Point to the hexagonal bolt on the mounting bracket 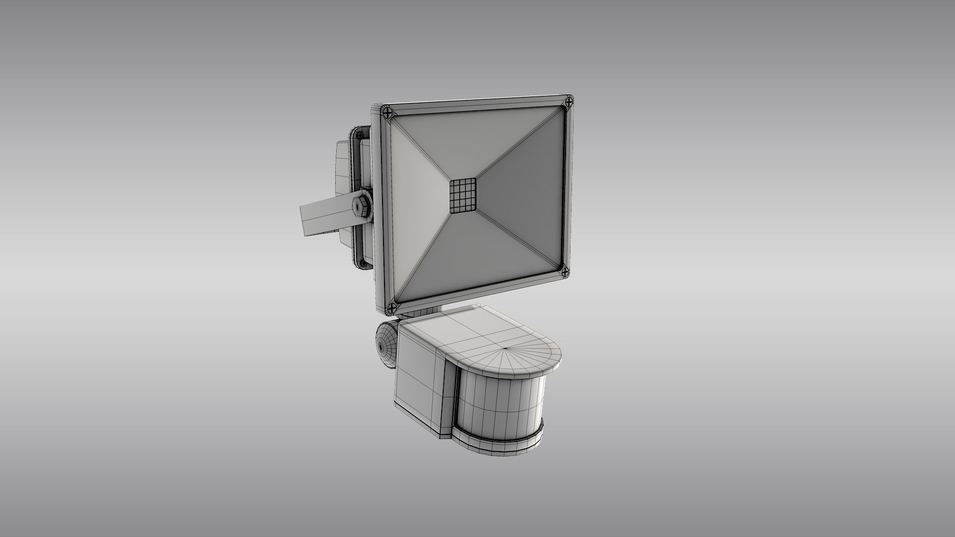358,207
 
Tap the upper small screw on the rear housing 359,135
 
